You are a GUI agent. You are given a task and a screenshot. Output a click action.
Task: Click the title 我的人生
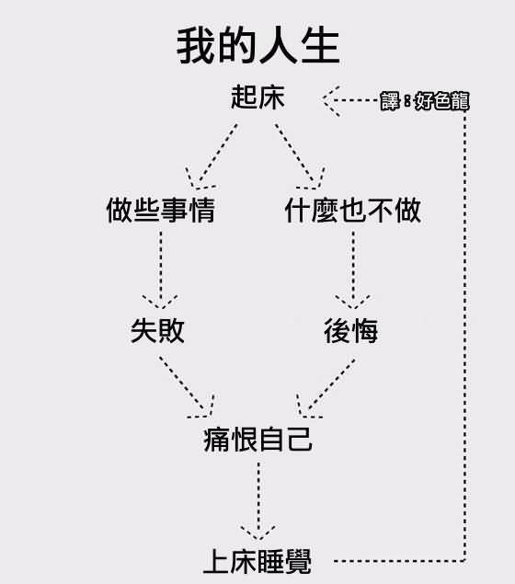(257, 46)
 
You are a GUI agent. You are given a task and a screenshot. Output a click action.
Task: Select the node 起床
(257, 98)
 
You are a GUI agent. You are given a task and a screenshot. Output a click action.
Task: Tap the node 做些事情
(161, 211)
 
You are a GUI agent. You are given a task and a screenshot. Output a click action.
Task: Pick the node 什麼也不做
(353, 211)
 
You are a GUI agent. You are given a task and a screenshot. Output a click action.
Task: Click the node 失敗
(158, 330)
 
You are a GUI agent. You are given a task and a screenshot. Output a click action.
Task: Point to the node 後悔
(351, 330)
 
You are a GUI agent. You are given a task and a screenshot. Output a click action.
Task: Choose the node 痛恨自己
(257, 441)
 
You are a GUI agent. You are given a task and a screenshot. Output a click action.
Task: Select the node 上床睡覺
(257, 560)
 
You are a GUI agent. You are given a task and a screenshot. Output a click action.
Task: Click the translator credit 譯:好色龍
(425, 101)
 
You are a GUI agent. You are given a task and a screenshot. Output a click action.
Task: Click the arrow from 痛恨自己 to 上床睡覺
(258, 501)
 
